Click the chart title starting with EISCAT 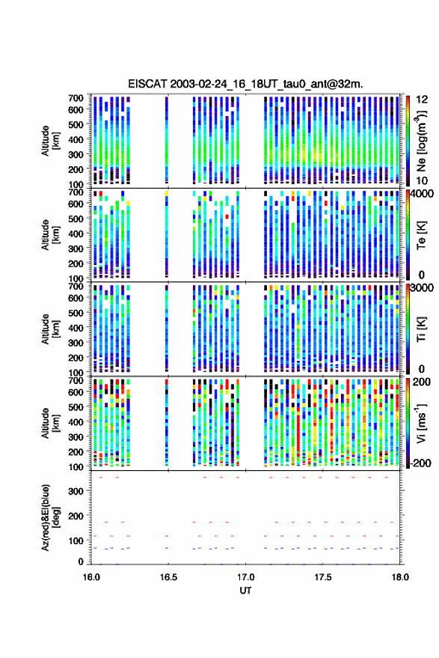click(x=246, y=84)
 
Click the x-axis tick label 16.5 click(x=168, y=577)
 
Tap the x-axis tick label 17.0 click(x=245, y=577)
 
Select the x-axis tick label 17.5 click(x=322, y=577)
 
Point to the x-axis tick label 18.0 click(x=399, y=577)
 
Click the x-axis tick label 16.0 click(x=91, y=577)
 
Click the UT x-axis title click(x=245, y=591)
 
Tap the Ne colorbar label click(x=421, y=141)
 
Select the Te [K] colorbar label click(x=421, y=235)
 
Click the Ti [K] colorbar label click(x=421, y=329)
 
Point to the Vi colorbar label click(x=421, y=423)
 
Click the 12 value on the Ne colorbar click(x=422, y=100)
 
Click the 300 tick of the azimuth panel click(x=76, y=491)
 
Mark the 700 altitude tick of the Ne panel click(x=76, y=98)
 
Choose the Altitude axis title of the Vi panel click(x=50, y=423)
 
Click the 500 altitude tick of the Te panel click(x=76, y=219)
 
